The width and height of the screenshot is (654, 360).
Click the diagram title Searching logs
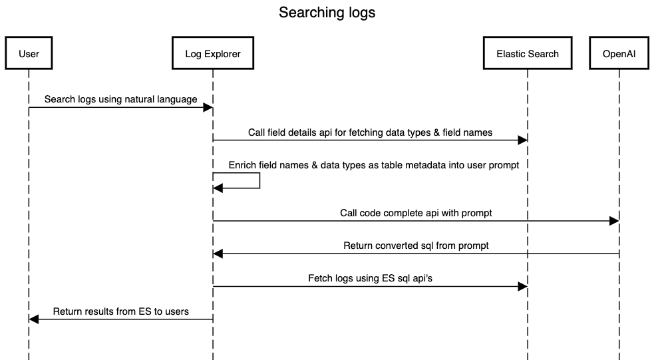pyautogui.click(x=327, y=13)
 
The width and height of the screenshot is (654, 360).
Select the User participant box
pyautogui.click(x=29, y=53)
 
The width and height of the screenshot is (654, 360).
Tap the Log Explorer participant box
pyautogui.click(x=212, y=53)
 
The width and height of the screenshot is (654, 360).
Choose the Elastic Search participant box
pyautogui.click(x=527, y=53)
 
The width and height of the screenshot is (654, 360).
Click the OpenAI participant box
pyautogui.click(x=618, y=53)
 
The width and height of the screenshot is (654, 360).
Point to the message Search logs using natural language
pyautogui.click(x=120, y=99)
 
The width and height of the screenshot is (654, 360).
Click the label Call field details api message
pyautogui.click(x=370, y=132)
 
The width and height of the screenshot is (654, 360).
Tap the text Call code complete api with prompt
pyautogui.click(x=416, y=212)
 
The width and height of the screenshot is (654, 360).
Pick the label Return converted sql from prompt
pyautogui.click(x=416, y=246)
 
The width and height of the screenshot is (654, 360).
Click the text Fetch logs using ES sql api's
pyautogui.click(x=370, y=278)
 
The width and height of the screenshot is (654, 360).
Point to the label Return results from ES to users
pyautogui.click(x=120, y=311)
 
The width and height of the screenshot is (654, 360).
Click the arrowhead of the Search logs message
pyautogui.click(x=208, y=107)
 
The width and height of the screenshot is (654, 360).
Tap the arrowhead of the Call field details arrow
pyautogui.click(x=522, y=140)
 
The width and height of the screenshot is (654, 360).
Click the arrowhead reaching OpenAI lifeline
pyautogui.click(x=613, y=221)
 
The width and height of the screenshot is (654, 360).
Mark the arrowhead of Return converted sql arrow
pyautogui.click(x=218, y=254)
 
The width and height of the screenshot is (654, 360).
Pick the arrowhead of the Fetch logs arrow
pyautogui.click(x=522, y=286)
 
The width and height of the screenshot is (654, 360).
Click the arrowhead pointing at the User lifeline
pyautogui.click(x=35, y=319)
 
